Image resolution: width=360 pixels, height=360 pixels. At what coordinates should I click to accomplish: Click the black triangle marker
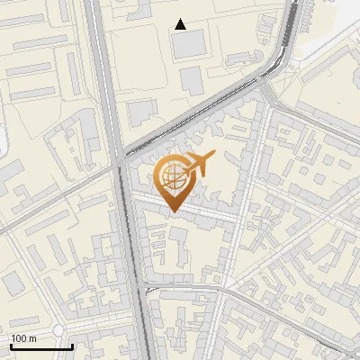[x=181, y=24]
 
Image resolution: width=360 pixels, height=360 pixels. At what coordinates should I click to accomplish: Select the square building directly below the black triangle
[x=189, y=45]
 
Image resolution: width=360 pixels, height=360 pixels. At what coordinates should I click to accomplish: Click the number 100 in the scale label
[x=19, y=338]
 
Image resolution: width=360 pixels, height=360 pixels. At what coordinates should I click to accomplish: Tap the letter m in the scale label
[x=32, y=338]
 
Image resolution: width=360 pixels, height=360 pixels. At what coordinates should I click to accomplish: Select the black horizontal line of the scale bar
[x=41, y=346]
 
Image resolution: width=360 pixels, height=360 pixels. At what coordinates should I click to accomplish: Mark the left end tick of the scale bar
[x=11, y=345]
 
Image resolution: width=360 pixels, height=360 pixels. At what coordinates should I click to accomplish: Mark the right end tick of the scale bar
[x=72, y=345]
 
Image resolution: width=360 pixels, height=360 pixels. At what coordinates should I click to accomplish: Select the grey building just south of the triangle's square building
[x=193, y=80]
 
